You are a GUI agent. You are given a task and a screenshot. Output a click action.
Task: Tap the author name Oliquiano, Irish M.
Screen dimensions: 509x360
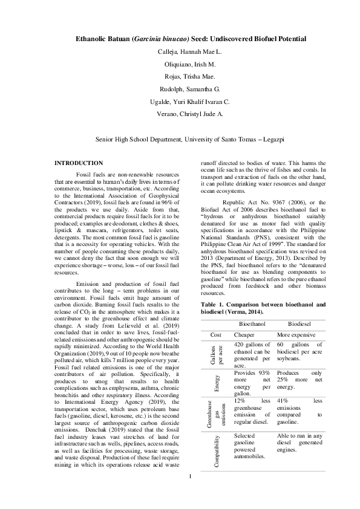coord(180,64)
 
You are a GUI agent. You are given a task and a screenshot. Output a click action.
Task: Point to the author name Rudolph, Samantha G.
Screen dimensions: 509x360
coord(180,89)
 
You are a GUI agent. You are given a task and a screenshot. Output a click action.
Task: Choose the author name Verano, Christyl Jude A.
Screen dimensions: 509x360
coord(180,114)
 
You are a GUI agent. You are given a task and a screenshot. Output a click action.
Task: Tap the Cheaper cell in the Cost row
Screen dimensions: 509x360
coord(244,334)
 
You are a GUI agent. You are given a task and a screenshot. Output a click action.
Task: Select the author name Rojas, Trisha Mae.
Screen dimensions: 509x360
coord(180,77)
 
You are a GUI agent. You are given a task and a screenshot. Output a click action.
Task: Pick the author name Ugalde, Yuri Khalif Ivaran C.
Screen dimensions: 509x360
coord(180,102)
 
